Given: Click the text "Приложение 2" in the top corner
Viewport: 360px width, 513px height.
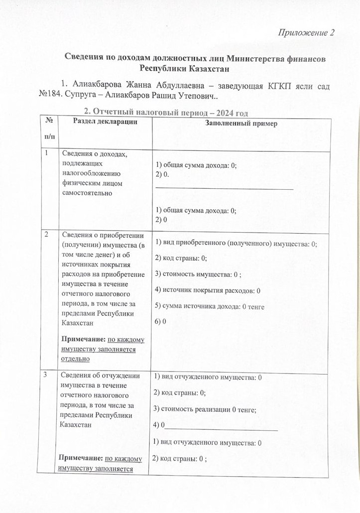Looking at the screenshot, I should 306,33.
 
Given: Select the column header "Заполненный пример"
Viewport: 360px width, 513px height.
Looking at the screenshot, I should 241,124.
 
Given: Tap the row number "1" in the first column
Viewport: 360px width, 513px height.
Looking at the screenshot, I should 46,154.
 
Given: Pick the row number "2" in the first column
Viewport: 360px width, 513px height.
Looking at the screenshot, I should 46,235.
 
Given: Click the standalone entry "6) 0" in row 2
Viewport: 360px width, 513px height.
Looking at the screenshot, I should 160,321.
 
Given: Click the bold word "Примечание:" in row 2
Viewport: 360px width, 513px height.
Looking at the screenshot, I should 83,339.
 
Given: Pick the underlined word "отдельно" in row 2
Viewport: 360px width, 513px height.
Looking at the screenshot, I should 75,358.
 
